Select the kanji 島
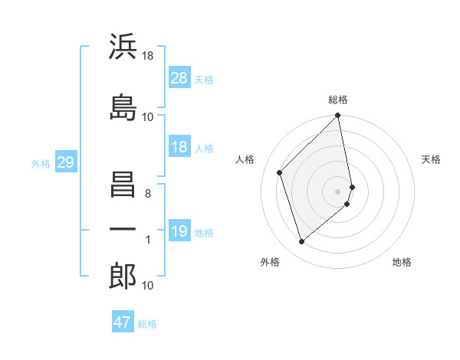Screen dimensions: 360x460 point(123,106)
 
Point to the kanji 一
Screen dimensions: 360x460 point(123,229)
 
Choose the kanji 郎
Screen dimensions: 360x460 point(123,277)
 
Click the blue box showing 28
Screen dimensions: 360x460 point(179,77)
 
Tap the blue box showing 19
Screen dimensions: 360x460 point(179,231)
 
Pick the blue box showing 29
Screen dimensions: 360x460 point(65,162)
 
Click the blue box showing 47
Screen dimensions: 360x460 point(123,322)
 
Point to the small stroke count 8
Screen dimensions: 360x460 point(147,194)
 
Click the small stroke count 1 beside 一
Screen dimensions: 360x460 point(147,240)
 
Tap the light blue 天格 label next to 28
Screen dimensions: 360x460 point(204,79)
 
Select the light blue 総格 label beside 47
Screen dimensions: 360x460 point(147,324)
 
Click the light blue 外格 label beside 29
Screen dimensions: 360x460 point(41,163)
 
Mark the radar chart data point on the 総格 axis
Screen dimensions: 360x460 point(338,116)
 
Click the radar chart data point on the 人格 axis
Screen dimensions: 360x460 point(280,172)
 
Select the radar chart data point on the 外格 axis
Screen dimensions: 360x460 point(301,241)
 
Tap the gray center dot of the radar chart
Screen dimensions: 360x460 point(338,191)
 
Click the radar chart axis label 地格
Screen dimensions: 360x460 point(402,263)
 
